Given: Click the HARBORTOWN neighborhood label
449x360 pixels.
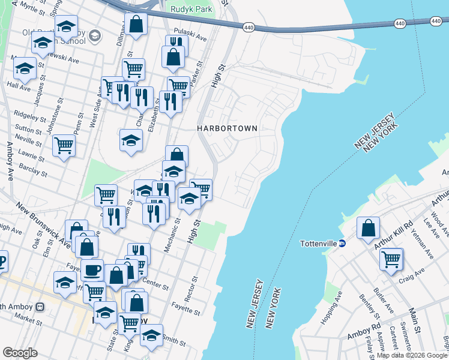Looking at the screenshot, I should coord(228,128).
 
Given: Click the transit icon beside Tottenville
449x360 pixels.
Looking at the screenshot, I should coord(342,244).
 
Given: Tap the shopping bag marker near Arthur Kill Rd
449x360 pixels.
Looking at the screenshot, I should coord(368,228).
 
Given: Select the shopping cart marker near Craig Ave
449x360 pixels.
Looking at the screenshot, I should coord(391,259).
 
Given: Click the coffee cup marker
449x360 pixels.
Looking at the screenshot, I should coord(92,270).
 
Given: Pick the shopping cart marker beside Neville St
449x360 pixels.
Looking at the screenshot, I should coord(64,145).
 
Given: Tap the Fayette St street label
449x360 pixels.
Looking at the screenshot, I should coord(185,312).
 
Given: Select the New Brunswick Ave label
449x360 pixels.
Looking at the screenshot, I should coord(44,224).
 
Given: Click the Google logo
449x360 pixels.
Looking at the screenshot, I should coord(20,353).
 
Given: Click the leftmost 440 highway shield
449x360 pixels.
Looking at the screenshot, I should coord(249,27).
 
